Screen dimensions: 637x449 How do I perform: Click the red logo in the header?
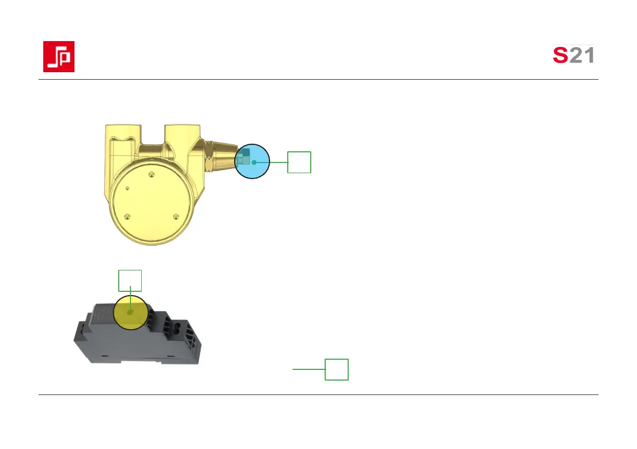point(59,57)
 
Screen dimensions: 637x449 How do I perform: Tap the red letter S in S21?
point(560,55)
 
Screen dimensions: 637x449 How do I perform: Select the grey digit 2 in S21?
point(576,55)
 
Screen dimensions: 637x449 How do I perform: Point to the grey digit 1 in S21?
point(589,55)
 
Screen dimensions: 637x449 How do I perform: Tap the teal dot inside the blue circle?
point(254,162)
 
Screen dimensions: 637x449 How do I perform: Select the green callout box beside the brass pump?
point(300,162)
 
